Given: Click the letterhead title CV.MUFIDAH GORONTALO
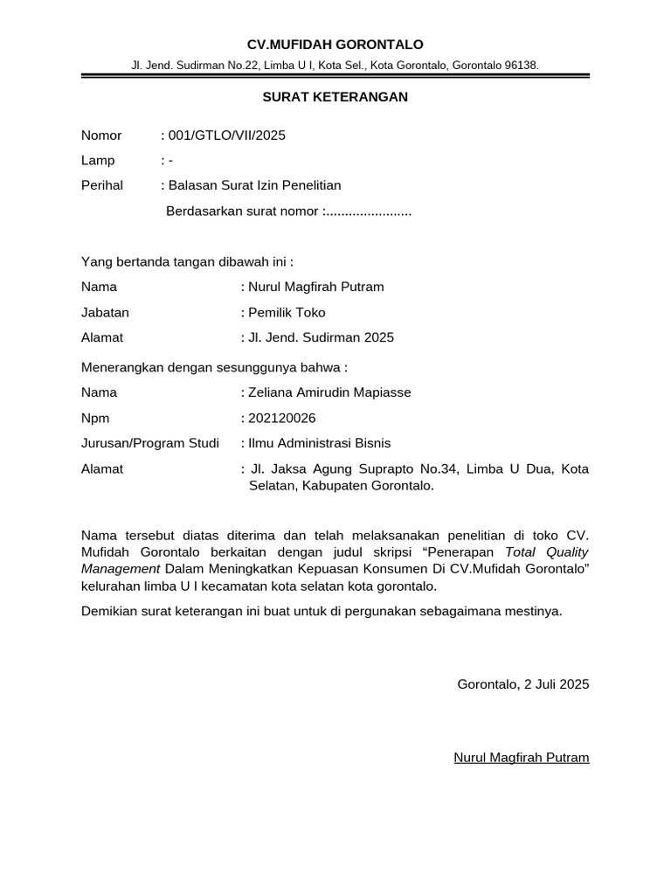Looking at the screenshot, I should click(x=335, y=45).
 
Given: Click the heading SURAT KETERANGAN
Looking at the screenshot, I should click(x=335, y=97).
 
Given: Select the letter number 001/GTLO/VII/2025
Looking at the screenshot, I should click(x=226, y=135).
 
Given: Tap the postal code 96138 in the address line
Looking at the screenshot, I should click(x=521, y=66).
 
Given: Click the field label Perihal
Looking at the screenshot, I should click(x=102, y=185).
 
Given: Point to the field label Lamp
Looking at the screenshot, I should click(x=98, y=161).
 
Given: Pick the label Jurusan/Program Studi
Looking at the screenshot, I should click(x=150, y=443).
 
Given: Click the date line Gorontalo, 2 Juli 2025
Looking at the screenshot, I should click(x=523, y=684).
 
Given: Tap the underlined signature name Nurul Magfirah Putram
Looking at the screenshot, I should click(x=522, y=757).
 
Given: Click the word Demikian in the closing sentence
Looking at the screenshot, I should click(x=108, y=611).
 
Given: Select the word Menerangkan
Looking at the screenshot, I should click(x=123, y=367).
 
